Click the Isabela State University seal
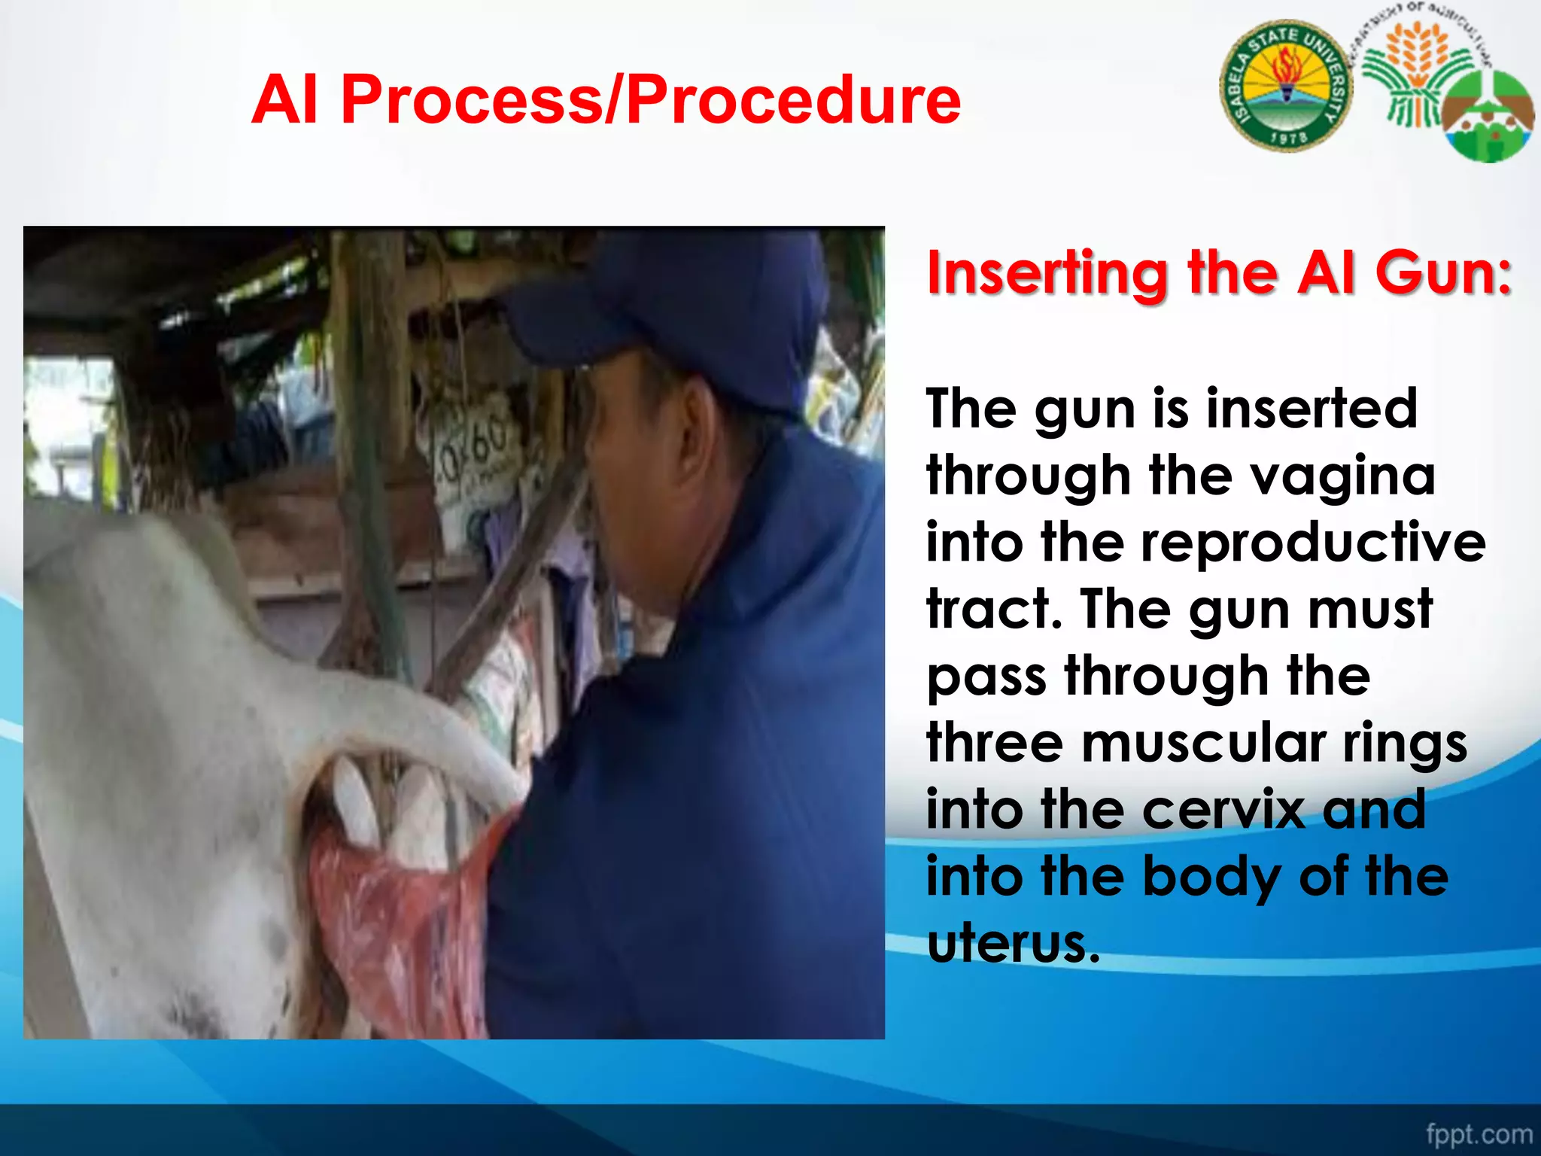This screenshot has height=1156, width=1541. coord(1286,86)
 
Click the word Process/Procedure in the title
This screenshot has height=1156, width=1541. coord(650,99)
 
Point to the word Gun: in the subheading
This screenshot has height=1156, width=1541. coord(1443,273)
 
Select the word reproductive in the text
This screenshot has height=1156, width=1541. coord(1313,543)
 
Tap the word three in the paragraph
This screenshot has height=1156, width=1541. coord(995,743)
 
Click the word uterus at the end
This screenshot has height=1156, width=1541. coord(1013,943)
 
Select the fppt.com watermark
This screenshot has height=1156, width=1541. coord(1479,1133)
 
